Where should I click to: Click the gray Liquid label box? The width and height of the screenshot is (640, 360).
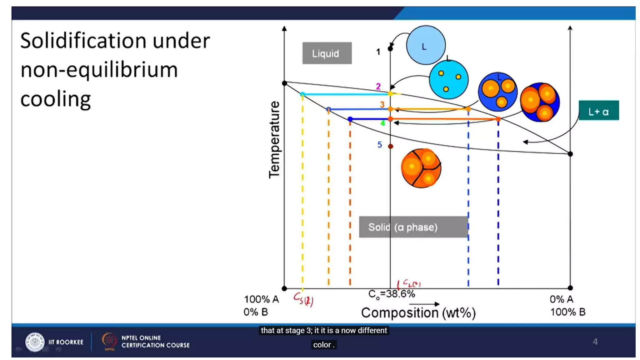(327, 53)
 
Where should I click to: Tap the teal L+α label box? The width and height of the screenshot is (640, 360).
(598, 110)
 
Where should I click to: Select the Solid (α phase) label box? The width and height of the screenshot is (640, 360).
(413, 227)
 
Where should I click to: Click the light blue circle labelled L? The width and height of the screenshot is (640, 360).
(426, 45)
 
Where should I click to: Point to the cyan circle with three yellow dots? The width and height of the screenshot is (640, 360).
(448, 80)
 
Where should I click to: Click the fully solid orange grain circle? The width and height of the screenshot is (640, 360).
(421, 168)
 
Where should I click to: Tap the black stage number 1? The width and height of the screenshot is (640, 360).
(378, 52)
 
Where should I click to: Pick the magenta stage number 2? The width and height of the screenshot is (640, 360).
(378, 86)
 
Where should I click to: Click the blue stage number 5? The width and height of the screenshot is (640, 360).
(379, 145)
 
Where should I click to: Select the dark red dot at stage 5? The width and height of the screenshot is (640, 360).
(390, 146)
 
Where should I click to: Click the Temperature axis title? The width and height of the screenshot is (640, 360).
(274, 139)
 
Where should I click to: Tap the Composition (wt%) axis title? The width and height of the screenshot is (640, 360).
(418, 313)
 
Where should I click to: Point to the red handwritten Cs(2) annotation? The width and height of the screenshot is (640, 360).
(303, 299)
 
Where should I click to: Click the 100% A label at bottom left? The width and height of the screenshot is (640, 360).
(261, 299)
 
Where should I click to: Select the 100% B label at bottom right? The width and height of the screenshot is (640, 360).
(567, 312)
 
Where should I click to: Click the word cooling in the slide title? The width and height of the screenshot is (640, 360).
(56, 99)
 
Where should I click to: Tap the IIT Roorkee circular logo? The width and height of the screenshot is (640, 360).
(35, 342)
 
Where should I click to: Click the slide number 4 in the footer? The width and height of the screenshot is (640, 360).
(595, 342)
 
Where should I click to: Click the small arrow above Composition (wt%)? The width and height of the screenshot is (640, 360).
(424, 304)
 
